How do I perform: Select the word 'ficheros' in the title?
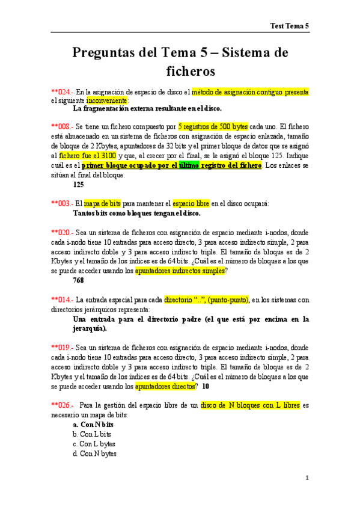coord(190,72)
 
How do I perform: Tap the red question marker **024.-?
coord(63,92)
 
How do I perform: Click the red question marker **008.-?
coord(63,127)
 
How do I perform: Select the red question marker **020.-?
coord(63,232)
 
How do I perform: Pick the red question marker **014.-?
coord(63,300)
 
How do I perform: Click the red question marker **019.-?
coord(63,348)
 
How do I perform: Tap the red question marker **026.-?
coord(63,405)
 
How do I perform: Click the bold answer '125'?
coord(78,185)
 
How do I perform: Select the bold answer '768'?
coord(78,280)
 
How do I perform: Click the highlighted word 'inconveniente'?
coord(106,100)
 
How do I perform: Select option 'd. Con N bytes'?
coord(95,453)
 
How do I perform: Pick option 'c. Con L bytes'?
coord(94,444)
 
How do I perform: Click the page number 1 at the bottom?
coord(307,479)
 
